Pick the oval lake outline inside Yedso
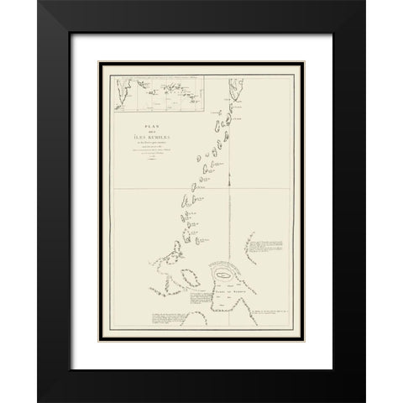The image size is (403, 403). pyautogui.click(x=224, y=275)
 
